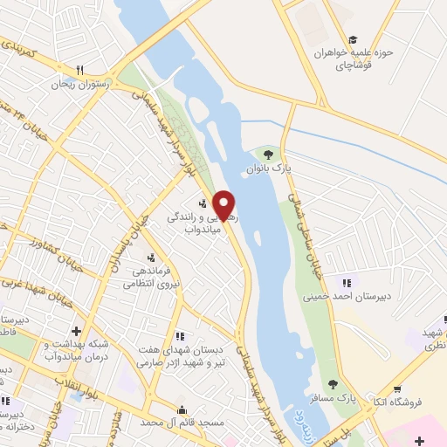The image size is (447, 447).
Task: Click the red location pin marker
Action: coord(225,205)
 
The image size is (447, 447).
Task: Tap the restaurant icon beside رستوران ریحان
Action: coord(79,70)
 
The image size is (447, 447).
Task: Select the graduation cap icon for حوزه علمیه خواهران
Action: coord(353,39)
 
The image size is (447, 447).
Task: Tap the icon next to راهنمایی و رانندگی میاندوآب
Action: coord(179,204)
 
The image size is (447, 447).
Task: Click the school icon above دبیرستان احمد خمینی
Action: coord(347,282)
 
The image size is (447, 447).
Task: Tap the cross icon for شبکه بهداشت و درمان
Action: coord(77,331)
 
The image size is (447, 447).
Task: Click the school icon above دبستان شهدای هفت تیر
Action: coord(180,335)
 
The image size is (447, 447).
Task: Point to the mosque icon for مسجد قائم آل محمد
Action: coord(182,409)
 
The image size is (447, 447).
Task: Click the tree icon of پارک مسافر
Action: coord(333,384)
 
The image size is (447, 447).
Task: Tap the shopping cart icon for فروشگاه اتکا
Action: coord(397,389)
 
